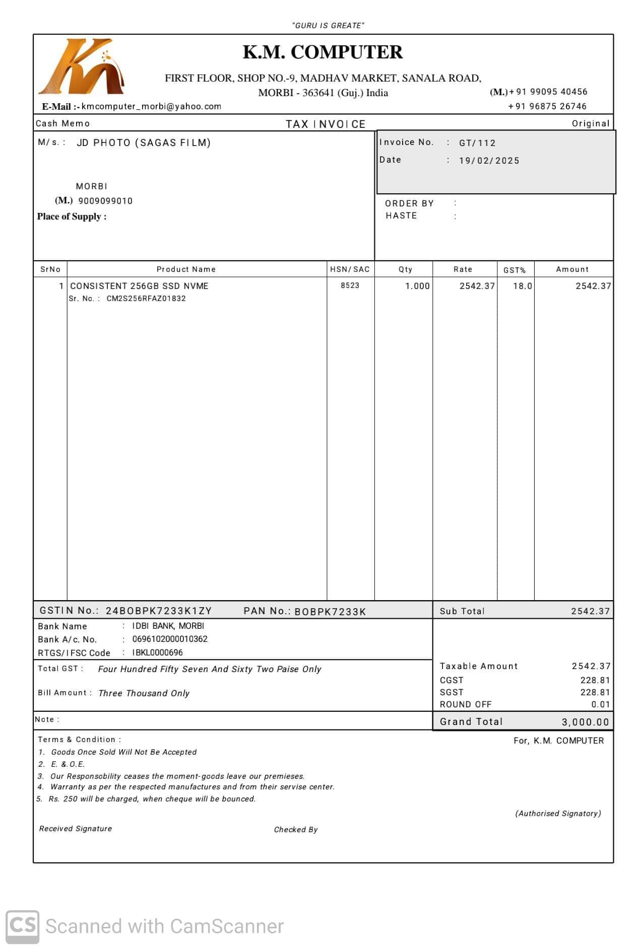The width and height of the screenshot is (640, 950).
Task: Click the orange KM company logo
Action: point(82,67)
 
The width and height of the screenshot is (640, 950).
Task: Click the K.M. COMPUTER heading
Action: point(323,52)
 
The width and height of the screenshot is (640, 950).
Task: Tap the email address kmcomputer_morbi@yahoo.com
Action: point(151,107)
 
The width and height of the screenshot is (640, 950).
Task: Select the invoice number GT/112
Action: point(477,143)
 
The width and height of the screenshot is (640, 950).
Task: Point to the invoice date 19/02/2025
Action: point(489,161)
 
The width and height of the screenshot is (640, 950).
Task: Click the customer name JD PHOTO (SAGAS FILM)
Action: point(144,142)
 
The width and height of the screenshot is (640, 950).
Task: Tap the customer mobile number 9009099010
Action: point(105,201)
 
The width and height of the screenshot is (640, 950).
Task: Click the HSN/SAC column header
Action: point(350,269)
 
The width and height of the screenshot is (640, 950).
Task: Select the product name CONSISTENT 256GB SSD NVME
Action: point(139,286)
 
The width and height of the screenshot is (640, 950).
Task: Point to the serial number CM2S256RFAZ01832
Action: point(146,299)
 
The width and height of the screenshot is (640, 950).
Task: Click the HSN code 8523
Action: point(350,285)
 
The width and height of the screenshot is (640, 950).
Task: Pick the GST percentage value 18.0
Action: point(523,286)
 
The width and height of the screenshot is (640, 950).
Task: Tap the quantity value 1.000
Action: point(417,286)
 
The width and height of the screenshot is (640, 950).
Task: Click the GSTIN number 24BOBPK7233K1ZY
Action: point(159,611)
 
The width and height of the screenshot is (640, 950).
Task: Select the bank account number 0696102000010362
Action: point(170,639)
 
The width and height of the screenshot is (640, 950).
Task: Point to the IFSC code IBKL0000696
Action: point(157,652)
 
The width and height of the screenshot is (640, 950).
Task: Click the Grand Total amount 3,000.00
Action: point(585,722)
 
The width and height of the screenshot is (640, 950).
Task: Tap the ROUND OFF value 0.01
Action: point(601,704)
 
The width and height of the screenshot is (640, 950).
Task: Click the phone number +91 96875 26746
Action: point(547,106)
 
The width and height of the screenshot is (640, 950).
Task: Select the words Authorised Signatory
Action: point(558,814)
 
